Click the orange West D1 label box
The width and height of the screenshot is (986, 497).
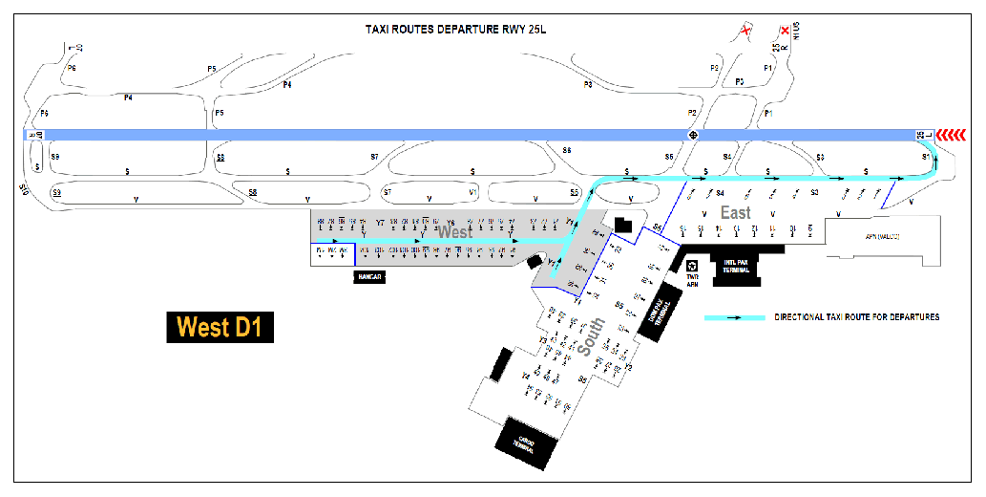(x=220, y=328)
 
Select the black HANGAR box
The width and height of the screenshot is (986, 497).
(x=368, y=276)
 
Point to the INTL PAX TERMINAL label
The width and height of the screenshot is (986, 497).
(x=736, y=268)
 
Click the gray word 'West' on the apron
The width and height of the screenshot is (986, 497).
(x=454, y=232)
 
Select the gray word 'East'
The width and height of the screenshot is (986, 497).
(x=735, y=213)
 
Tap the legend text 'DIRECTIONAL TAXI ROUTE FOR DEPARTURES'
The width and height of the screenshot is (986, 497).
(x=856, y=317)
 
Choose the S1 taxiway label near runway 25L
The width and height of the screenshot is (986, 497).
(x=925, y=156)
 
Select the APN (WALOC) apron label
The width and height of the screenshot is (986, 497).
(x=882, y=235)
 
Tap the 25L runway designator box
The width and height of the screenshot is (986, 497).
(x=923, y=135)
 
